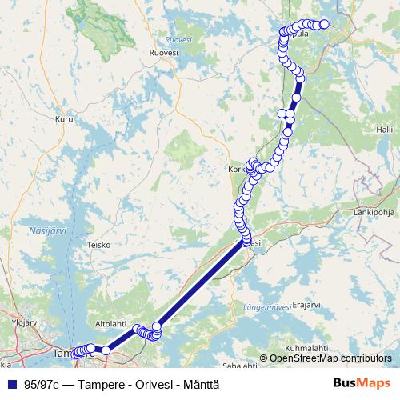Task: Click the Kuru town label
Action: point(65,119)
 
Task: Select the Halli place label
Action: point(386,129)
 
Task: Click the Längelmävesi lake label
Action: point(265,306)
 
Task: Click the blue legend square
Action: point(11,383)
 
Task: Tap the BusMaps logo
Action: point(362,382)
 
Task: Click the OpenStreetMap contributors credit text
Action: point(330,358)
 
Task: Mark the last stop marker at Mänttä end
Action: point(324,25)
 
